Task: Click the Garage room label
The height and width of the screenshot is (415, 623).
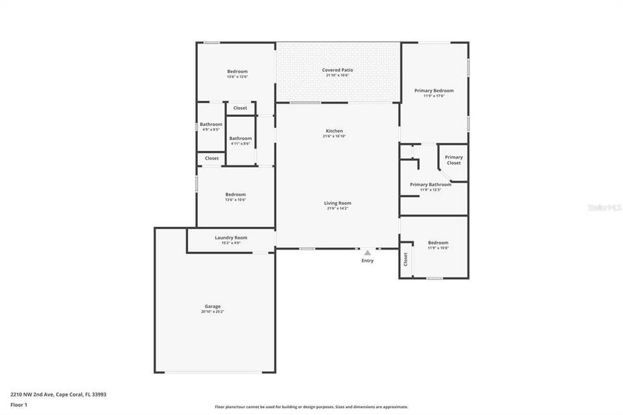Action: point(212,306)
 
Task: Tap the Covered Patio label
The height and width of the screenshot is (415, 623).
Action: point(337,70)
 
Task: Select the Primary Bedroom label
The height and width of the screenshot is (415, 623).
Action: point(434,91)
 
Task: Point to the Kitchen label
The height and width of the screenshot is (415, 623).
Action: point(334,131)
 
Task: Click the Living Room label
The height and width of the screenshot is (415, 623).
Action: point(337,203)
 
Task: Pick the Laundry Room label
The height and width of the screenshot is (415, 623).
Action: point(231,237)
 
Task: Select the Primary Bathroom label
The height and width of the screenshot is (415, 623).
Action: point(430,185)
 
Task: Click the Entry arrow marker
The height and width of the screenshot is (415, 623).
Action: point(367,253)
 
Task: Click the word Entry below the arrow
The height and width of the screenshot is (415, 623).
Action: point(367,261)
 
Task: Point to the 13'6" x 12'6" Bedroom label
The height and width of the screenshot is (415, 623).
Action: point(237,71)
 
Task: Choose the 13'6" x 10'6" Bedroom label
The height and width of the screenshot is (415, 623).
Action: point(235,194)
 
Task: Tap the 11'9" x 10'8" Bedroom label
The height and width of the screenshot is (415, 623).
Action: point(438,243)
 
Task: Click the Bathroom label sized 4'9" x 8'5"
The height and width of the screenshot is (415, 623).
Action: point(211,124)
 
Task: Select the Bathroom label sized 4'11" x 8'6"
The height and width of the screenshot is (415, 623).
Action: point(241,138)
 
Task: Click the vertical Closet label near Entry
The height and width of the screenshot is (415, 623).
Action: point(406,259)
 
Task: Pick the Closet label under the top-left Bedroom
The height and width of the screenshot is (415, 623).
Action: point(240,108)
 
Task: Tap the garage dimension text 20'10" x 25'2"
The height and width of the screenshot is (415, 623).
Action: point(212,312)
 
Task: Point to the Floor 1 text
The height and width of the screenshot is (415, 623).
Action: point(19,405)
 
